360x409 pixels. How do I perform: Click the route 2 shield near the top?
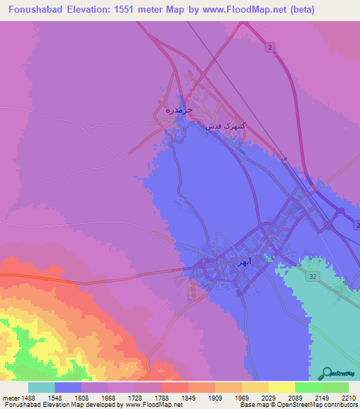coord(270,46)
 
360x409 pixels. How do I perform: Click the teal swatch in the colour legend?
coord(41,387)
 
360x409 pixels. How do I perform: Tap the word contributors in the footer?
coord(340,405)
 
